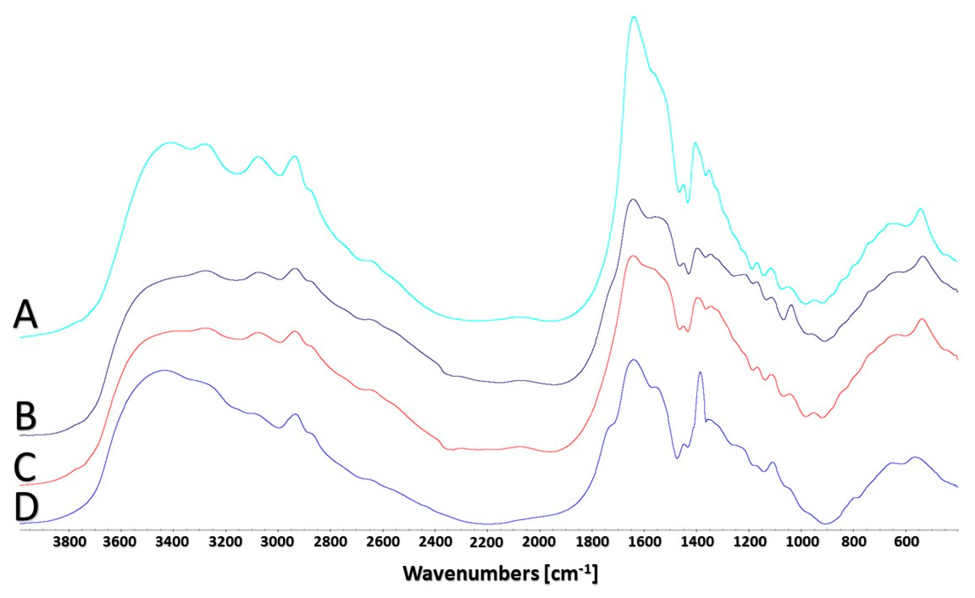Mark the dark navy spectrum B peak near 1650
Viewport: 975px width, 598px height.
633,200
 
